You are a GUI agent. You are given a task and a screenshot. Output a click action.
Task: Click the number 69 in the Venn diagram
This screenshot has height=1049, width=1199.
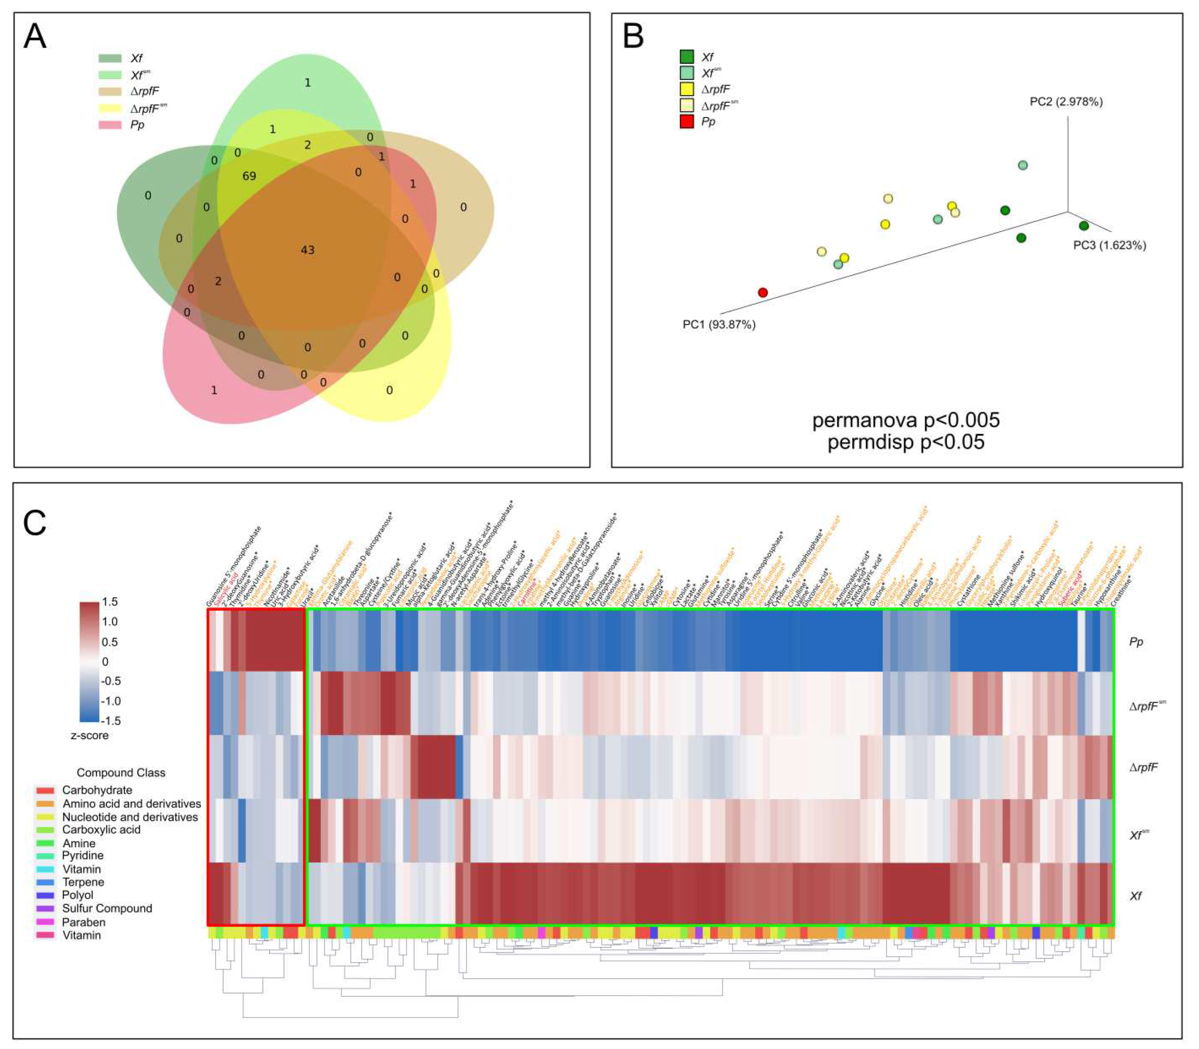tap(249, 176)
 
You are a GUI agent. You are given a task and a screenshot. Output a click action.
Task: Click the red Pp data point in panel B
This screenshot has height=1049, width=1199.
tap(762, 292)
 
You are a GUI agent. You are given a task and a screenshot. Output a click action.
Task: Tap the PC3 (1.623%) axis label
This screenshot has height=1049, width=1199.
tap(1109, 245)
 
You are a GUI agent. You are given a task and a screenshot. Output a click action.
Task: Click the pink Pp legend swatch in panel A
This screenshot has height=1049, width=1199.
tap(110, 125)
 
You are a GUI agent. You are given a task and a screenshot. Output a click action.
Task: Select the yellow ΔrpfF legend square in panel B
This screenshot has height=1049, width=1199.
tap(687, 89)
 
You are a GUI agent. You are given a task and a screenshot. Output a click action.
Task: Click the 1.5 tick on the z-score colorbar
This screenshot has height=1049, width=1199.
tap(110, 602)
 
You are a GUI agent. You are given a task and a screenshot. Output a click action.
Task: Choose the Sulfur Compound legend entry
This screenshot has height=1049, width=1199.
tap(107, 909)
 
